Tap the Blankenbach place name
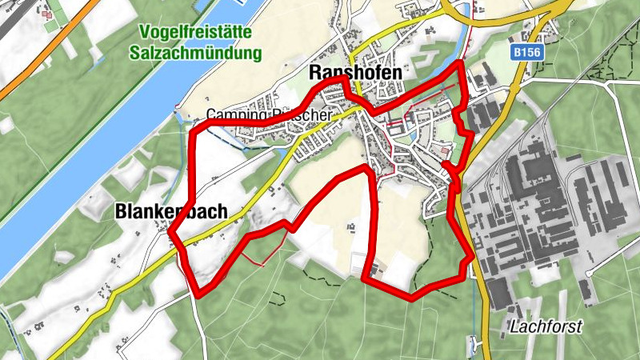pos(171,212)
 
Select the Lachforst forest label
pos(546,326)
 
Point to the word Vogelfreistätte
pos(195,33)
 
